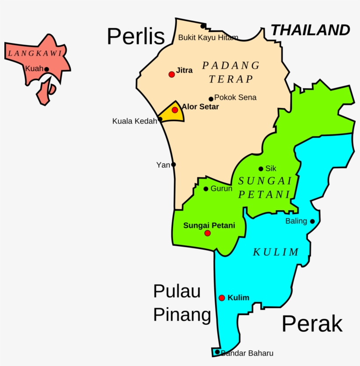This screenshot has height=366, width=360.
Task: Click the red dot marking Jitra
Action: click(x=172, y=75)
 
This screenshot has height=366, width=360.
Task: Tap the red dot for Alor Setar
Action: click(x=175, y=110)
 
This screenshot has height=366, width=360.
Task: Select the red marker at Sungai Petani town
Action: click(x=208, y=233)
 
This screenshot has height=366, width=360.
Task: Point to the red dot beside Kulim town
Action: click(x=222, y=298)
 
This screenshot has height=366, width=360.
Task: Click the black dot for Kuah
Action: click(x=47, y=69)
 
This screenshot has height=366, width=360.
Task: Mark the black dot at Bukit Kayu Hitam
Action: click(x=203, y=26)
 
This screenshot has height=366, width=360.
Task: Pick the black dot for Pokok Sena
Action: click(x=211, y=99)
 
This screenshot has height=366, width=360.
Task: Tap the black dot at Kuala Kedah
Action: click(x=160, y=119)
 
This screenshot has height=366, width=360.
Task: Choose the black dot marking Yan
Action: click(x=173, y=165)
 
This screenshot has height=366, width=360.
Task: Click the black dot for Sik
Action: click(x=261, y=169)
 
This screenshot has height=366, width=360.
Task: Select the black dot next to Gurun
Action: click(x=206, y=189)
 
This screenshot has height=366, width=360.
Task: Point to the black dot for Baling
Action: click(x=312, y=221)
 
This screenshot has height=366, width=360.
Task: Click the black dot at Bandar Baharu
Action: click(x=217, y=352)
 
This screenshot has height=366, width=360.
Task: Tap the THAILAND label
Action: click(x=310, y=30)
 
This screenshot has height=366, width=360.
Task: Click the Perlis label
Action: click(x=136, y=37)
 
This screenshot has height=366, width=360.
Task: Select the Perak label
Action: click(x=312, y=324)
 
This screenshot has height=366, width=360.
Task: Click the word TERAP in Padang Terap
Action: click(x=231, y=79)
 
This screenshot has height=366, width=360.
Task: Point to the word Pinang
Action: click(x=182, y=315)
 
